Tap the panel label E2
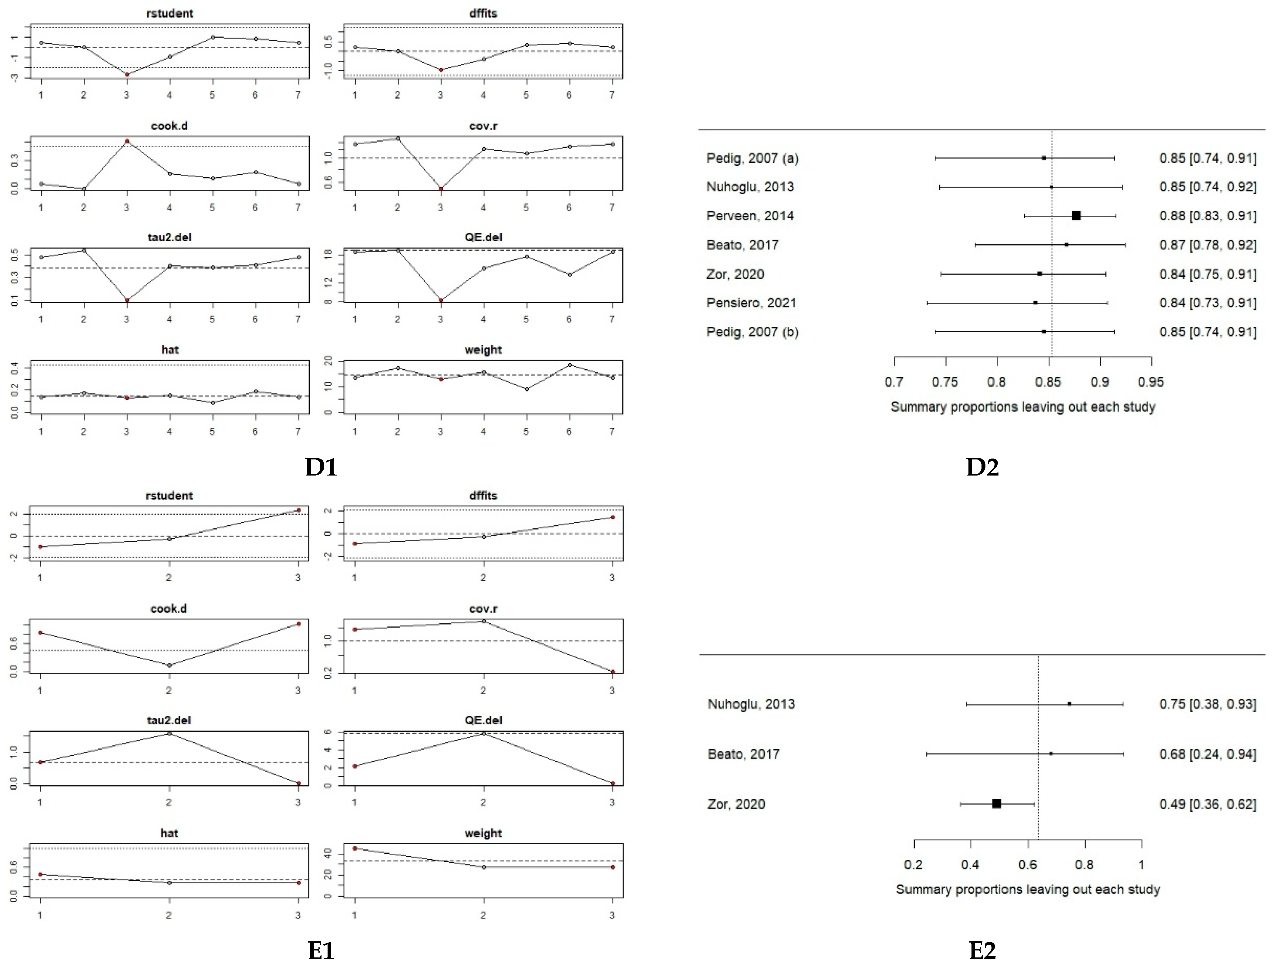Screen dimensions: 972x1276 pyautogui.click(x=982, y=950)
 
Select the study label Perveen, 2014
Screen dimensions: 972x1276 pyautogui.click(x=750, y=216)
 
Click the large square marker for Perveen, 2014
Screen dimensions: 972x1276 pyautogui.click(x=1076, y=216)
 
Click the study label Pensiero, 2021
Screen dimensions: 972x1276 pyautogui.click(x=751, y=303)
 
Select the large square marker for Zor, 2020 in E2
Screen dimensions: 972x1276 pyautogui.click(x=996, y=804)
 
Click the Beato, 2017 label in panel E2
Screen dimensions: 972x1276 pyautogui.click(x=743, y=754)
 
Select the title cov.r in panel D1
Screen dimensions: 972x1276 pyautogui.click(x=483, y=126)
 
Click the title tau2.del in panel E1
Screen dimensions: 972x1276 pyautogui.click(x=169, y=720)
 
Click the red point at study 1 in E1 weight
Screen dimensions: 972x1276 pyautogui.click(x=355, y=848)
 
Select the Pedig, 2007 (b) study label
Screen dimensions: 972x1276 pyautogui.click(x=752, y=332)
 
